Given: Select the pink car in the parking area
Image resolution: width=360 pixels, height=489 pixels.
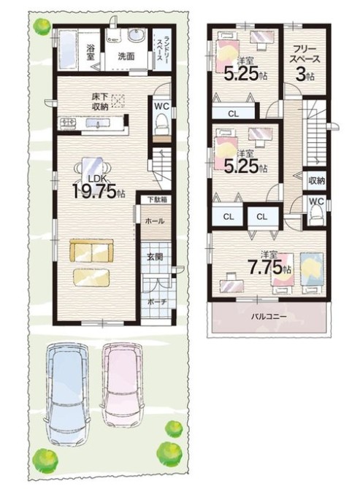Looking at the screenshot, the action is coord(122,385).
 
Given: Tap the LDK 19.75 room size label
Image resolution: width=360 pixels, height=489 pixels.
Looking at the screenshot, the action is coord(99,188).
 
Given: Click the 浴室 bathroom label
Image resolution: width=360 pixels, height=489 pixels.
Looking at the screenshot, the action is coord(91,52).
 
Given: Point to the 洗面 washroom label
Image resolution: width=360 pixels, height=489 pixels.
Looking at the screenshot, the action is coord(126,56).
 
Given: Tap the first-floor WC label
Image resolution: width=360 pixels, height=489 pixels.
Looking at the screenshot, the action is coord(161,107).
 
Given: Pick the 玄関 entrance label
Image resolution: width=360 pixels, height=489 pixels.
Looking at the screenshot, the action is coord(155,257).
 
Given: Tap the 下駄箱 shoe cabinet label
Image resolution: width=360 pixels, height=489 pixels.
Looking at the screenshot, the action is coord(155,199).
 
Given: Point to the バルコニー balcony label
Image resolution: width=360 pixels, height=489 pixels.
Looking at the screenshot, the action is coord(269,317).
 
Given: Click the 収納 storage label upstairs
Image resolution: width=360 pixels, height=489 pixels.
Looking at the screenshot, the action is coord(317,180).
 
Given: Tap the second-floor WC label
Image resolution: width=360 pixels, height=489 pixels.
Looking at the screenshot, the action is coord(316,201).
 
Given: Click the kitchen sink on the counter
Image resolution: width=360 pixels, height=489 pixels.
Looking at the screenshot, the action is coord(97,123).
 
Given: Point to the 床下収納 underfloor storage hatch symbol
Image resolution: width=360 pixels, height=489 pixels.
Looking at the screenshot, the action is coord(118,101).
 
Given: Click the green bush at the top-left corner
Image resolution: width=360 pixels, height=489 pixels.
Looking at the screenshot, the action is coord(41,26).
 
